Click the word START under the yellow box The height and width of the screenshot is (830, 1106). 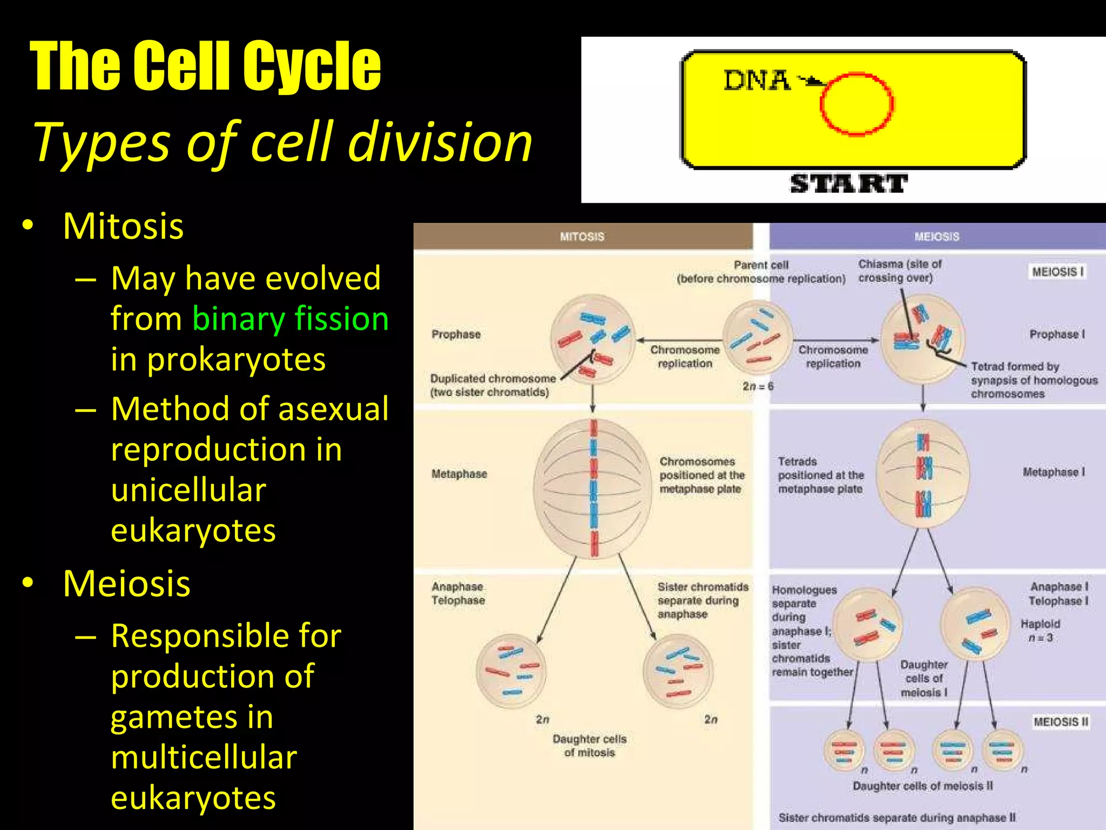pyautogui.click(x=849, y=184)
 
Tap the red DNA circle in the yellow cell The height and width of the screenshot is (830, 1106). pyautogui.click(x=857, y=104)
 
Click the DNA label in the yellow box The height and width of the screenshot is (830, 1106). pyautogui.click(x=756, y=81)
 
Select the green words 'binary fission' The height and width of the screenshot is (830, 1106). pyautogui.click(x=290, y=319)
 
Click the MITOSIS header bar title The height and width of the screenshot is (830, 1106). pyautogui.click(x=582, y=237)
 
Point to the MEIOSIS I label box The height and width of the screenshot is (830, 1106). pyautogui.click(x=1057, y=272)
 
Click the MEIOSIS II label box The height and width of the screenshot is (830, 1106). pyautogui.click(x=1061, y=722)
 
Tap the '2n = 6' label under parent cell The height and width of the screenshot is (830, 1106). pyautogui.click(x=758, y=386)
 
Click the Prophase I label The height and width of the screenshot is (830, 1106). pyautogui.click(x=1057, y=334)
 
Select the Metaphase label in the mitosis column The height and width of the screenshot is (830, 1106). pyautogui.click(x=459, y=474)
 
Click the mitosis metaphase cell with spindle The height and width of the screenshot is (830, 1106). pyautogui.click(x=593, y=488)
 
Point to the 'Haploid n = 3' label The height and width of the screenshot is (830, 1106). pyautogui.click(x=1040, y=631)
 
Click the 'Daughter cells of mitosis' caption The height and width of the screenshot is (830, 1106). pyautogui.click(x=589, y=746)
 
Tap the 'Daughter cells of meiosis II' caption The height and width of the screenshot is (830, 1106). pyautogui.click(x=922, y=786)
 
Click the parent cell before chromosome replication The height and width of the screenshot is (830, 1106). pyautogui.click(x=757, y=338)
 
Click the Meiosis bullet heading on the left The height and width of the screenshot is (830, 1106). pyautogui.click(x=126, y=584)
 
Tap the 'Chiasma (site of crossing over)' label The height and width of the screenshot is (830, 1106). pyautogui.click(x=899, y=271)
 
